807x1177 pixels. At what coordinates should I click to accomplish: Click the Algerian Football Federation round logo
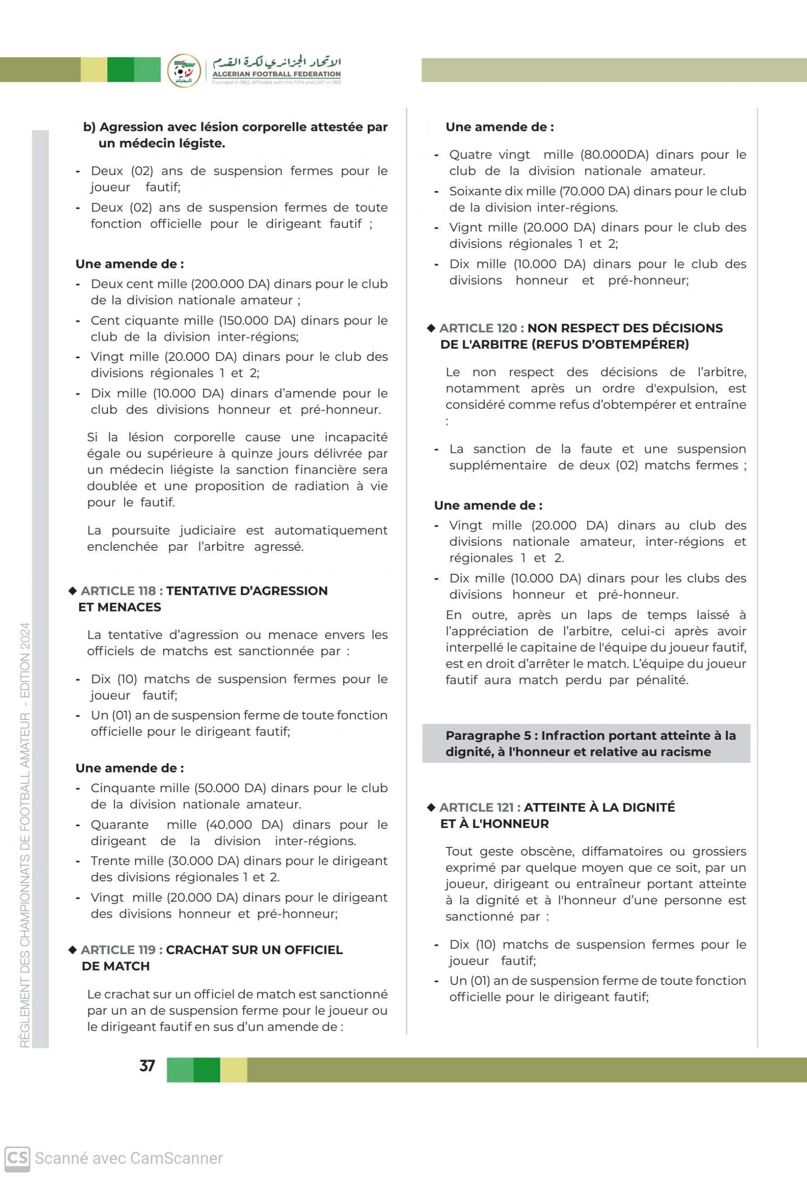pyautogui.click(x=184, y=70)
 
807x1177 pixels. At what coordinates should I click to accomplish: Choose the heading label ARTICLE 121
pyautogui.click(x=479, y=807)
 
